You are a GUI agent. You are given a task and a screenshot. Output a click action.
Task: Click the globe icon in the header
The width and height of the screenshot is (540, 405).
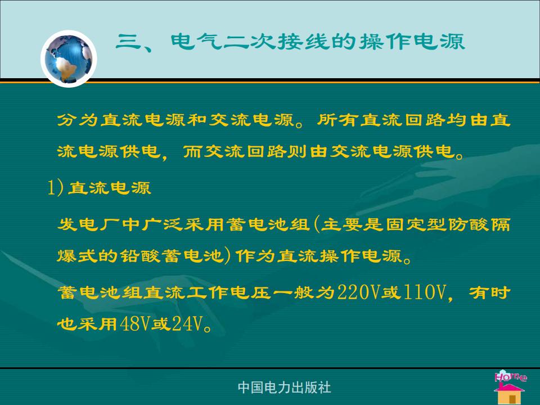point(69,59)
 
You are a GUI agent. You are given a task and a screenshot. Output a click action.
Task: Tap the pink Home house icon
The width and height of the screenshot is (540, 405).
point(510,387)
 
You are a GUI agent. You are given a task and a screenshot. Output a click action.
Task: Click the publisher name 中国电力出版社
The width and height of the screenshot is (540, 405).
point(284,388)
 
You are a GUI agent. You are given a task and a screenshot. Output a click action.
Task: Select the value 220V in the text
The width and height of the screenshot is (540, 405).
point(358,292)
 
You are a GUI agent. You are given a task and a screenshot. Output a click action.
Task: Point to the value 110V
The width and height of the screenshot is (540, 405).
point(424,292)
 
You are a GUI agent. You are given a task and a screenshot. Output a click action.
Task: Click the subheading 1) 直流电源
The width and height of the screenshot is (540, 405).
point(99,188)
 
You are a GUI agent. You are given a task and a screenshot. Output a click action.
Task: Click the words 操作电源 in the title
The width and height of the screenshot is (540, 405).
point(412,42)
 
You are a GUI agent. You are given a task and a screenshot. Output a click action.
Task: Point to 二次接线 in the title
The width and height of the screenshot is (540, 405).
point(276,42)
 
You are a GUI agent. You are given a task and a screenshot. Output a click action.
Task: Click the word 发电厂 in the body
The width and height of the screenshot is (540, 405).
point(89,224)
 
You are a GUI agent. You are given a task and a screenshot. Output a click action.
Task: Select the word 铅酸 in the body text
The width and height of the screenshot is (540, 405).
point(141,256)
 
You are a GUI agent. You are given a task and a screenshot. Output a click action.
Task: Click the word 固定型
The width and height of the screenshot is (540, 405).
point(416,224)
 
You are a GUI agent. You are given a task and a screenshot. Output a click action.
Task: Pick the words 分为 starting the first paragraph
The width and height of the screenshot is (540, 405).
point(78,120)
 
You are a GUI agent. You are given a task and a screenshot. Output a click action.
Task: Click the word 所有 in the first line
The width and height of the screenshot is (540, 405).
point(337,120)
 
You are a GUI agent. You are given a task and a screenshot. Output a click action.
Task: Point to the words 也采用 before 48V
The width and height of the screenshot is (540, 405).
point(88,324)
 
